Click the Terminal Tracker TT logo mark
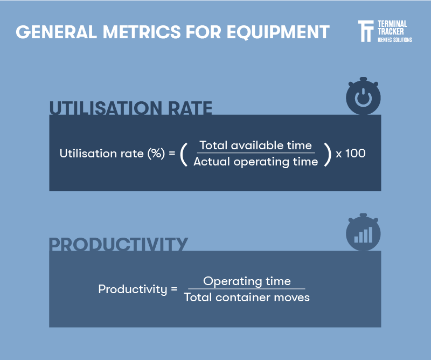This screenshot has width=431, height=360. [x=366, y=31]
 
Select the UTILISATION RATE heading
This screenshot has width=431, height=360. [x=130, y=108]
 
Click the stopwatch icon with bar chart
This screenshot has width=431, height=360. [x=363, y=233]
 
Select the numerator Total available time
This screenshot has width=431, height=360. [x=255, y=145]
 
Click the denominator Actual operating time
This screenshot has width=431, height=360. [x=255, y=162]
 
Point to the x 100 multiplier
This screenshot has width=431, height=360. [x=351, y=153]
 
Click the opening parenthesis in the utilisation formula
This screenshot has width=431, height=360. [x=184, y=154]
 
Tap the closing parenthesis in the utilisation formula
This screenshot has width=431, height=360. [x=326, y=154]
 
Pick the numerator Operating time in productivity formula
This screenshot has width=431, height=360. [x=247, y=281]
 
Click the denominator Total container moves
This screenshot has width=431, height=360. [x=247, y=297]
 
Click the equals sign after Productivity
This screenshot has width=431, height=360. [x=174, y=289]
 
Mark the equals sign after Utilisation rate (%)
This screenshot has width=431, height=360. [x=172, y=154]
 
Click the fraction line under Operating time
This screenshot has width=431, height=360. [x=247, y=289]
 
